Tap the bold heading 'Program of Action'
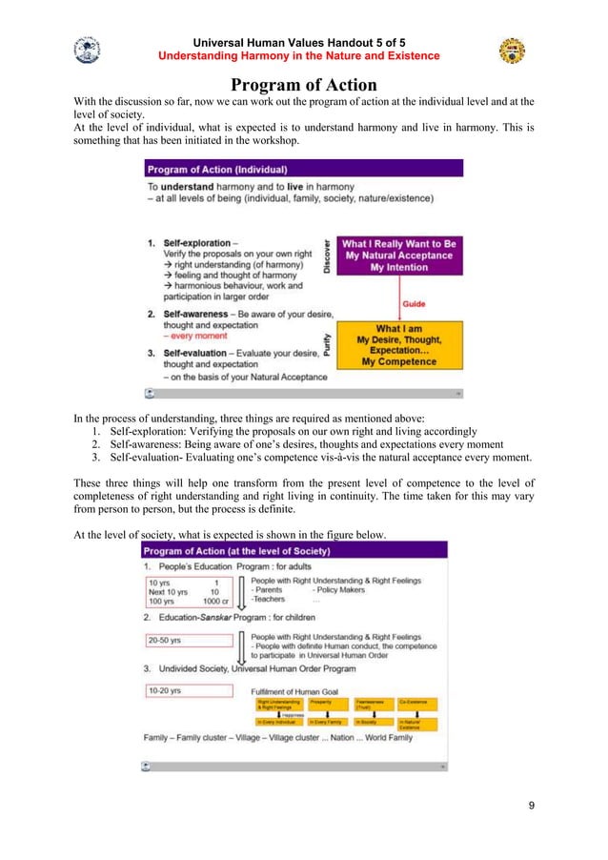click(x=304, y=85)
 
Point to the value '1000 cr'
click(x=217, y=602)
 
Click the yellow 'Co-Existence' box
click(x=417, y=704)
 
